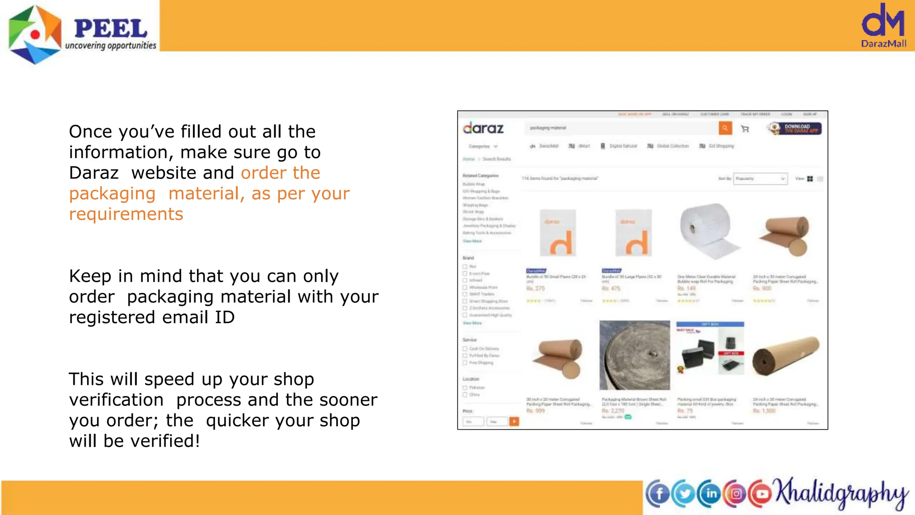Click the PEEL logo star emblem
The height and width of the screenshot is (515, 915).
pyautogui.click(x=35, y=34)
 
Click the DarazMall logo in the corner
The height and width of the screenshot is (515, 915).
pyautogui.click(x=883, y=25)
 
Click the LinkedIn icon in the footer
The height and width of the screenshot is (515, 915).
pyautogui.click(x=710, y=494)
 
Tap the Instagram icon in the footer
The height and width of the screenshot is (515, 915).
pyautogui.click(x=736, y=494)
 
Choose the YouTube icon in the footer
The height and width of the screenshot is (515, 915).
pyautogui.click(x=761, y=494)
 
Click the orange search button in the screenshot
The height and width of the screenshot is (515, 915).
pyautogui.click(x=725, y=128)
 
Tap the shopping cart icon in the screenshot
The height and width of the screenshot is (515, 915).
pyautogui.click(x=745, y=129)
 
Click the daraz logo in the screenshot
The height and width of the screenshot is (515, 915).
pyautogui.click(x=483, y=128)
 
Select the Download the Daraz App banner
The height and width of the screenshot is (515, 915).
pyautogui.click(x=795, y=129)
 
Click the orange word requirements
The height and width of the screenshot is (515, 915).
pyautogui.click(x=126, y=214)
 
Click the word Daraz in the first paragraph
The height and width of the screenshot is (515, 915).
pyautogui.click(x=94, y=173)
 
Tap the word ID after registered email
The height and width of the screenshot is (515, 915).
pyautogui.click(x=225, y=317)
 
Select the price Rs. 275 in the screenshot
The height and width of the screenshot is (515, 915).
pyautogui.click(x=536, y=288)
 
